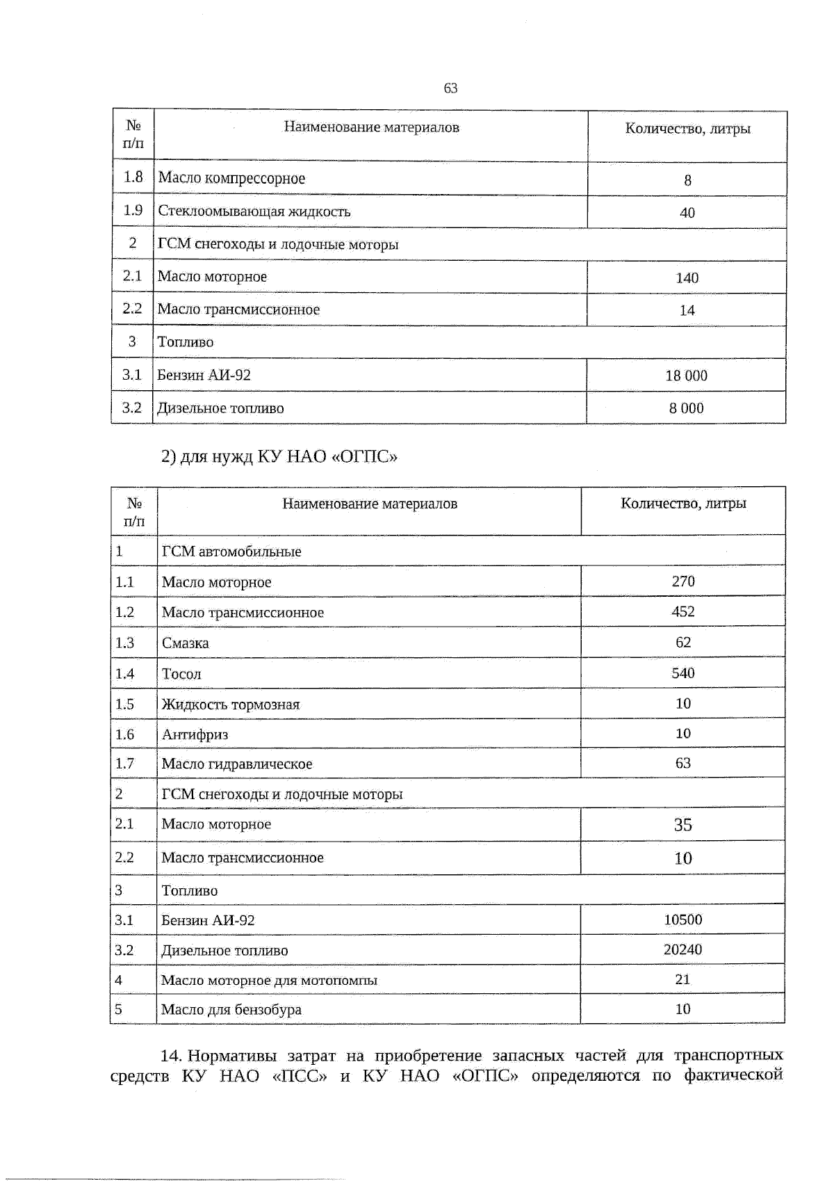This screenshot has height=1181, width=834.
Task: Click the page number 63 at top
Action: (x=450, y=88)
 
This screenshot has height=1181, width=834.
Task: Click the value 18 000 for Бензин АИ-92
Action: (x=686, y=376)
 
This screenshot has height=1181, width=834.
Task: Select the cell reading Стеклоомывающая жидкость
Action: (x=254, y=211)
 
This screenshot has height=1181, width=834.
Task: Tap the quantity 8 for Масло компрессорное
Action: (x=687, y=180)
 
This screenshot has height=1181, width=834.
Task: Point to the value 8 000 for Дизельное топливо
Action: (x=686, y=408)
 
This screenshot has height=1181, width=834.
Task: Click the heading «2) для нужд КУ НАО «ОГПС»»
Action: (x=279, y=457)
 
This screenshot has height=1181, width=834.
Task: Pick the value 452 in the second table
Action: (x=682, y=611)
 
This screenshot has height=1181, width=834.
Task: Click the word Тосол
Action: (x=181, y=674)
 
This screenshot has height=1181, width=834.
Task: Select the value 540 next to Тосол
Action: (x=682, y=673)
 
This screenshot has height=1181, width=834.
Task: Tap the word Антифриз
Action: (x=195, y=734)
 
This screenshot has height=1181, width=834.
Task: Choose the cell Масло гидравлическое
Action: (x=237, y=764)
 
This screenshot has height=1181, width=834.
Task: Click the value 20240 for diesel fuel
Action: (x=682, y=949)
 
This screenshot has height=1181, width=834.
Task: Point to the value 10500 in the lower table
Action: (x=682, y=919)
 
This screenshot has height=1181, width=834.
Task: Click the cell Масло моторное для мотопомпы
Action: (x=269, y=980)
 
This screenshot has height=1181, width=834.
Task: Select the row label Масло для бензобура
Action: (x=231, y=1009)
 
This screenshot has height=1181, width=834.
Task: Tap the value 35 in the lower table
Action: (x=682, y=825)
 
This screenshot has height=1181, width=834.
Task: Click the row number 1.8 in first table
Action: (x=133, y=177)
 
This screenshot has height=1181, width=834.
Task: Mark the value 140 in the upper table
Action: (x=687, y=278)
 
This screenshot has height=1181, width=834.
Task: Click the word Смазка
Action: (x=185, y=643)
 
